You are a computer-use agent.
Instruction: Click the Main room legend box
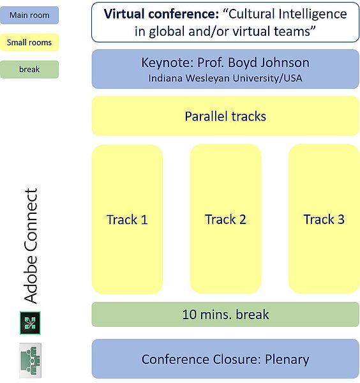coord(29,15)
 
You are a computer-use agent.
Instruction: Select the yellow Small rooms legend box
coord(29,42)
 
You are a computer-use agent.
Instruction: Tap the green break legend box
coord(29,70)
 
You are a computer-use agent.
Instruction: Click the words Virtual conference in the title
coord(161,14)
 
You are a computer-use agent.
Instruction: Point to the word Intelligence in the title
coord(313,15)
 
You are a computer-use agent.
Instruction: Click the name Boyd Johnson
coord(269,63)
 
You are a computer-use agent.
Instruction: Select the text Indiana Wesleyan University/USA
coord(225,79)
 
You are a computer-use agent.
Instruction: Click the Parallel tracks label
coord(225,116)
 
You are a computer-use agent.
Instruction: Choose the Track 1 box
coord(127,220)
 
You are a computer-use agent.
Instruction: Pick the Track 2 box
coord(225,219)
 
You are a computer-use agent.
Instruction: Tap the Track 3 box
coord(324,219)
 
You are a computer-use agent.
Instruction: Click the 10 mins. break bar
coord(225,314)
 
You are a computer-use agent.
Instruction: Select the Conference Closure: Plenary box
coord(225,359)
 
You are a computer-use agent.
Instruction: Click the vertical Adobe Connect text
coord(31,246)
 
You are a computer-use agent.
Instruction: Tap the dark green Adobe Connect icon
coord(30,323)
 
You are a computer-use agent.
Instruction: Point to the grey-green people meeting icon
coord(30,360)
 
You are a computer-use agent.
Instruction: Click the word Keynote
coord(167,63)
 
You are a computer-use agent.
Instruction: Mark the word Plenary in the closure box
coord(287,359)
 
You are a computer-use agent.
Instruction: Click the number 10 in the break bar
coord(190,314)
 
